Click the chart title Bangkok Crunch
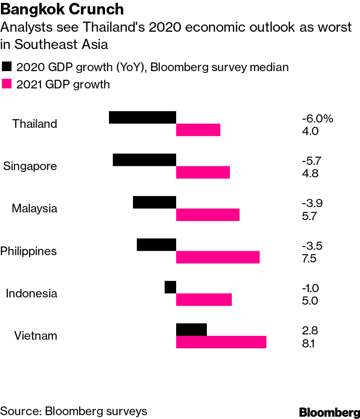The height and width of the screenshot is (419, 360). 63,9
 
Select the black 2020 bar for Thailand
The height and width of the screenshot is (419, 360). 143,117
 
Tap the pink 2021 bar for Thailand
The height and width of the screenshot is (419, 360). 198,130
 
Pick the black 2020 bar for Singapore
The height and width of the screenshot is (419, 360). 144,160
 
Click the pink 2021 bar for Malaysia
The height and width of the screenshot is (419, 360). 208,215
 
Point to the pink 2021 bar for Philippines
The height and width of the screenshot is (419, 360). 218,257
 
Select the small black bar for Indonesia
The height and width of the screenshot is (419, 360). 170,287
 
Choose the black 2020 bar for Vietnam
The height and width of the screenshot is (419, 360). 192,330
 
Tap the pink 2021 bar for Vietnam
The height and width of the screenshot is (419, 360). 221,342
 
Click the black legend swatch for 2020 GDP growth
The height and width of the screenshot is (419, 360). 7,67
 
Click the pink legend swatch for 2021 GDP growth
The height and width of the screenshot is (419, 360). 7,85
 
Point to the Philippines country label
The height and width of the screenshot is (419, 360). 28,251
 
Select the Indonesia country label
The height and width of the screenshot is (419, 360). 31,293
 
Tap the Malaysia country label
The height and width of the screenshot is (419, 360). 35,209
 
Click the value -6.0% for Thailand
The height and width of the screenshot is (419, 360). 317,118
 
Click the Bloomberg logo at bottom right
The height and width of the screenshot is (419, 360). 329,412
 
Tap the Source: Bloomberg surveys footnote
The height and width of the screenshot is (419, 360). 73,411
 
